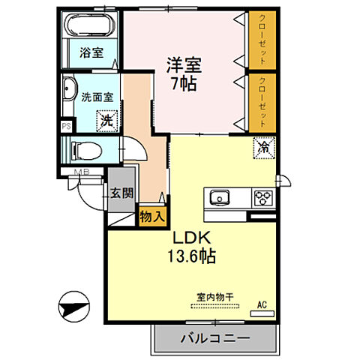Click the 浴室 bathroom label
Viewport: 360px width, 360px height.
91,53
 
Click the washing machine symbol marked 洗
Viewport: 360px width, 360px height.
107,118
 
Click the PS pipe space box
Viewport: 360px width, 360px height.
66,126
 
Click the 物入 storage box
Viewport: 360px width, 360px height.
151,215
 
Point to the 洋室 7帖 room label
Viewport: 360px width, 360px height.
181,74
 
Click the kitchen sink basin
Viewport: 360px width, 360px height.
220,198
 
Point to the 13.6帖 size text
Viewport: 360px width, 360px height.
193,257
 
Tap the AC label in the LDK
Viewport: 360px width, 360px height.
262,304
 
